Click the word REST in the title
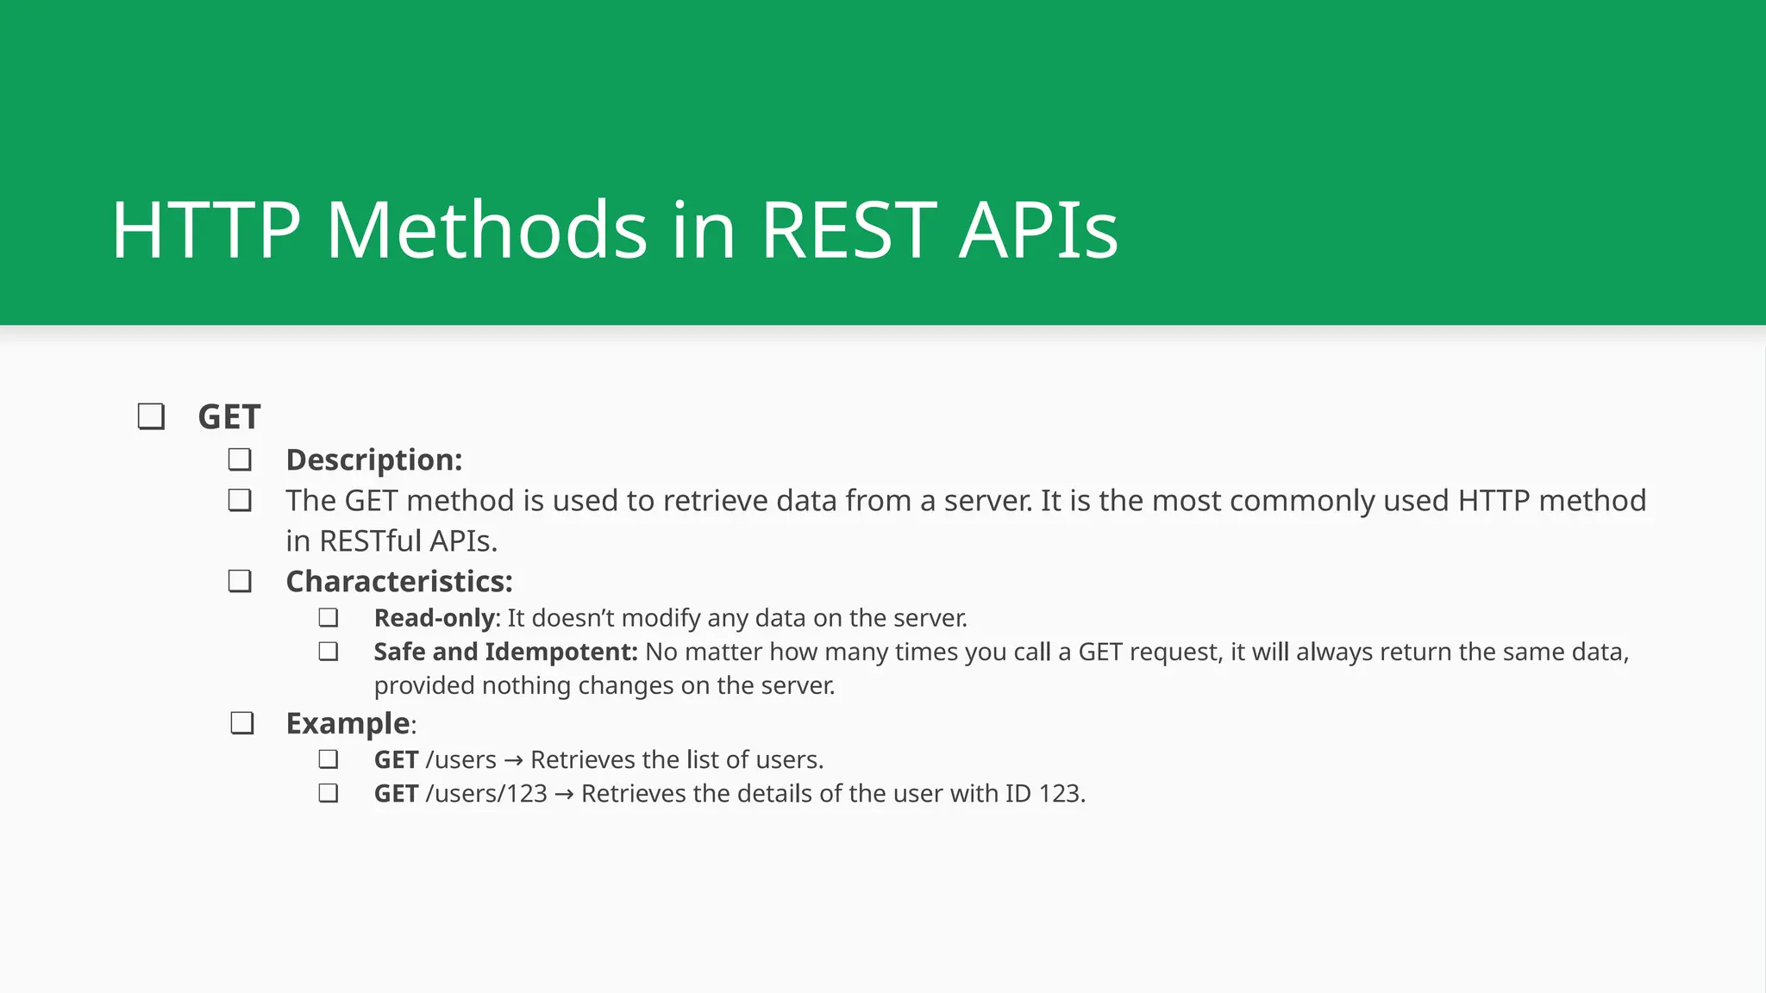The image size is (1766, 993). (x=849, y=230)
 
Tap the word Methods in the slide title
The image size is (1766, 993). (x=486, y=230)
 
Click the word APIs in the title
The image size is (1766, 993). (x=1038, y=230)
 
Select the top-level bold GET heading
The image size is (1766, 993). (x=229, y=417)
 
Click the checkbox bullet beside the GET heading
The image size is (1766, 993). (x=151, y=417)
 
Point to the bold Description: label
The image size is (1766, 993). (x=373, y=459)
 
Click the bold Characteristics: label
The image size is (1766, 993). (x=398, y=581)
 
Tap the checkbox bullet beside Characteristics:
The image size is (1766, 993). (x=240, y=581)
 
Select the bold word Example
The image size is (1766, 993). (x=348, y=723)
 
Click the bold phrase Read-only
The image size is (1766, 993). (x=434, y=618)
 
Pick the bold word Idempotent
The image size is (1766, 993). (x=560, y=652)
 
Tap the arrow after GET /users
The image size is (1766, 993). (x=513, y=761)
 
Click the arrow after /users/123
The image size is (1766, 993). (x=564, y=795)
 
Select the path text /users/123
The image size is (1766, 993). (x=486, y=794)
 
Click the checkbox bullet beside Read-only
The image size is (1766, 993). (x=328, y=618)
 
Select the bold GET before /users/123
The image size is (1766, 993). (x=396, y=794)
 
